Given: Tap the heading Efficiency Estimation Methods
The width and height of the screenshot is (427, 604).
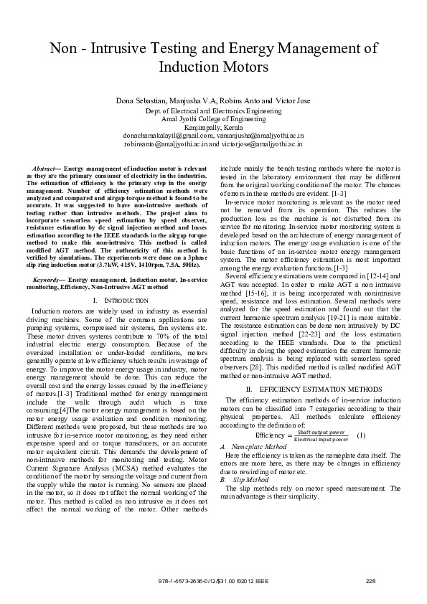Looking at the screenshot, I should (x=310, y=388).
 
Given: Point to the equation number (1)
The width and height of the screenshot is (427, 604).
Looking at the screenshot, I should (x=361, y=435).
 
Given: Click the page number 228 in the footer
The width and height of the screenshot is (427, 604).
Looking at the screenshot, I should (x=371, y=581).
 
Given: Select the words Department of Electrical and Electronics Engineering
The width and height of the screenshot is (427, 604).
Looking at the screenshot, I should (x=213, y=111).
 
